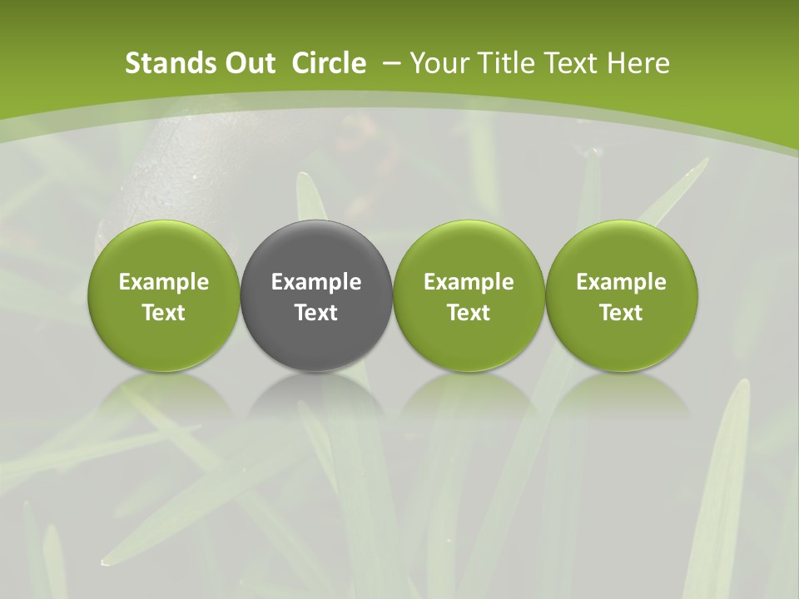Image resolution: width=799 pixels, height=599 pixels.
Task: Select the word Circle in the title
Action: [329, 63]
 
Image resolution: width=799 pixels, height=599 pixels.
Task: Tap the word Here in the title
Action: [639, 63]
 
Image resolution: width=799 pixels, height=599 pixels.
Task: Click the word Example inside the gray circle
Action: [316, 282]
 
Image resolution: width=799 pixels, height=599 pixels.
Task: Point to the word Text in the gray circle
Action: [316, 313]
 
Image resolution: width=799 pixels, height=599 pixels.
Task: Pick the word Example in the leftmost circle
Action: [163, 282]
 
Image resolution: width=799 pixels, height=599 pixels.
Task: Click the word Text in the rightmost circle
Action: [622, 313]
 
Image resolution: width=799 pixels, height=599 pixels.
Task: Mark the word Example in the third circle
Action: [469, 282]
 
